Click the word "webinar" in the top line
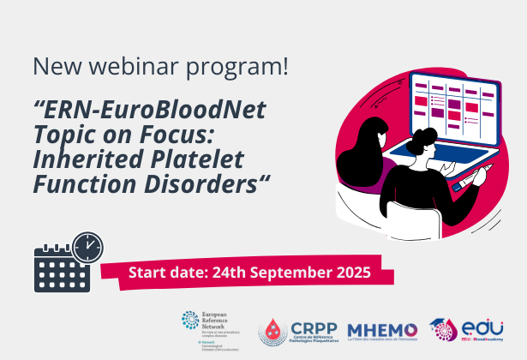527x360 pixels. [142, 66]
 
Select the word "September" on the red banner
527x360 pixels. [287, 273]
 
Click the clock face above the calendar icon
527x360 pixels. [87, 246]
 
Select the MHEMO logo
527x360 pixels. [382, 329]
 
